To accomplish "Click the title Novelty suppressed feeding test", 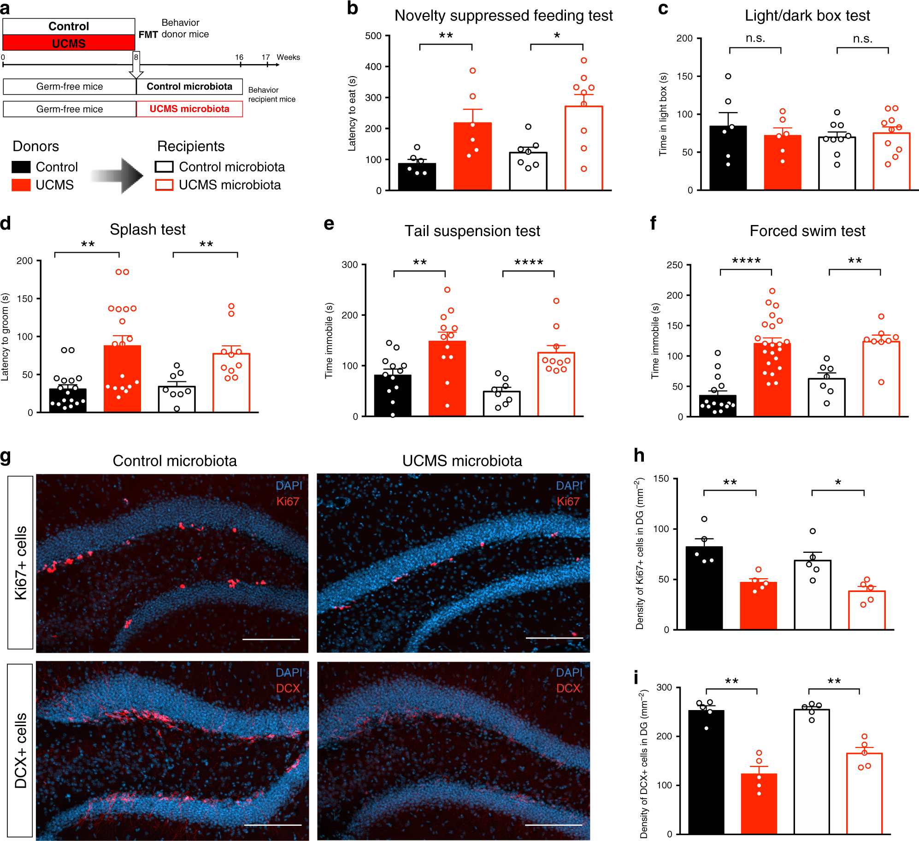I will (x=503, y=16).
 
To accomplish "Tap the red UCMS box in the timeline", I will (x=69, y=43).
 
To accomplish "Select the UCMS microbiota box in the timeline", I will (x=189, y=109).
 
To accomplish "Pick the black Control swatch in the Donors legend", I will (x=21, y=167).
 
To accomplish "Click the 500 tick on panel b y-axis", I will (x=373, y=36).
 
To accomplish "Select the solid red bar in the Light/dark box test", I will (x=782, y=162).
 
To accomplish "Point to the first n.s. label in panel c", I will (x=755, y=39).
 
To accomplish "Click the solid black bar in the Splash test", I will (x=68, y=400).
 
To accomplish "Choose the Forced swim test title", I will (x=807, y=231).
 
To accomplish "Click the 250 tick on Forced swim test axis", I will (x=675, y=265).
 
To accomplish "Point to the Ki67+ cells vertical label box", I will (x=21, y=563).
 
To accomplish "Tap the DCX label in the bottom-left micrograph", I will (x=288, y=688).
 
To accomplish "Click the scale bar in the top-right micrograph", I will (x=554, y=639).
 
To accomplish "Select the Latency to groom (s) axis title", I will (x=6, y=337).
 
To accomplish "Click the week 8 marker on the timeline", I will (x=136, y=57).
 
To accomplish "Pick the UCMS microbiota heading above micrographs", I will (x=462, y=461).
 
